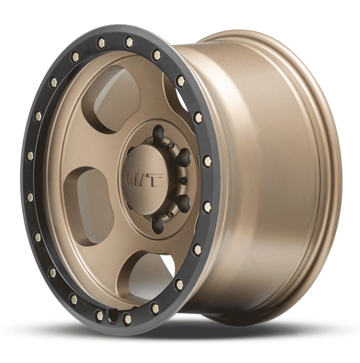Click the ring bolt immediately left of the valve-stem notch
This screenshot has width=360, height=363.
point(99,315)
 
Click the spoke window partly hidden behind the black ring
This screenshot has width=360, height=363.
point(176,94)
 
